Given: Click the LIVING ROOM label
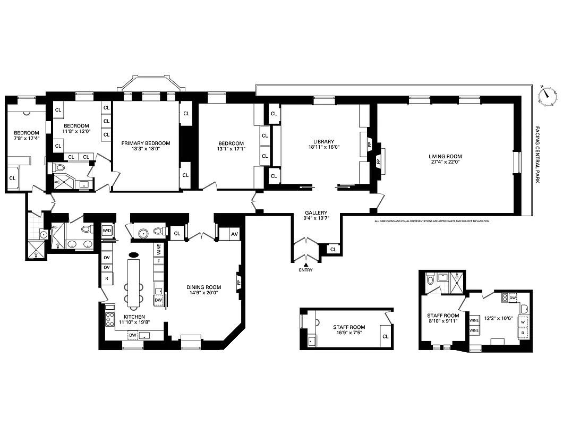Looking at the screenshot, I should pyautogui.click(x=445, y=157).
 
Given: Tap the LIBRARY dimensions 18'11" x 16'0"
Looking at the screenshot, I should pyautogui.click(x=323, y=148).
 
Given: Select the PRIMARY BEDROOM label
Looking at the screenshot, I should pyautogui.click(x=146, y=143).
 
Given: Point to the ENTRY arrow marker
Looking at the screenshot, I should pyautogui.click(x=306, y=264).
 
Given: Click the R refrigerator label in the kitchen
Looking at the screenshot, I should pyautogui.click(x=106, y=278).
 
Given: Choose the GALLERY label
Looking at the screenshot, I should pyautogui.click(x=315, y=212).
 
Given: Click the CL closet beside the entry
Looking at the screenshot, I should pyautogui.click(x=333, y=249).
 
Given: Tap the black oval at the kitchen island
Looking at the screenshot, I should pyautogui.click(x=134, y=254).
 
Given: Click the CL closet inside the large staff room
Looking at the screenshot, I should pyautogui.click(x=385, y=336).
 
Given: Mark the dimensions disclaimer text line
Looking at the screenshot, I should pyautogui.click(x=431, y=221).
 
